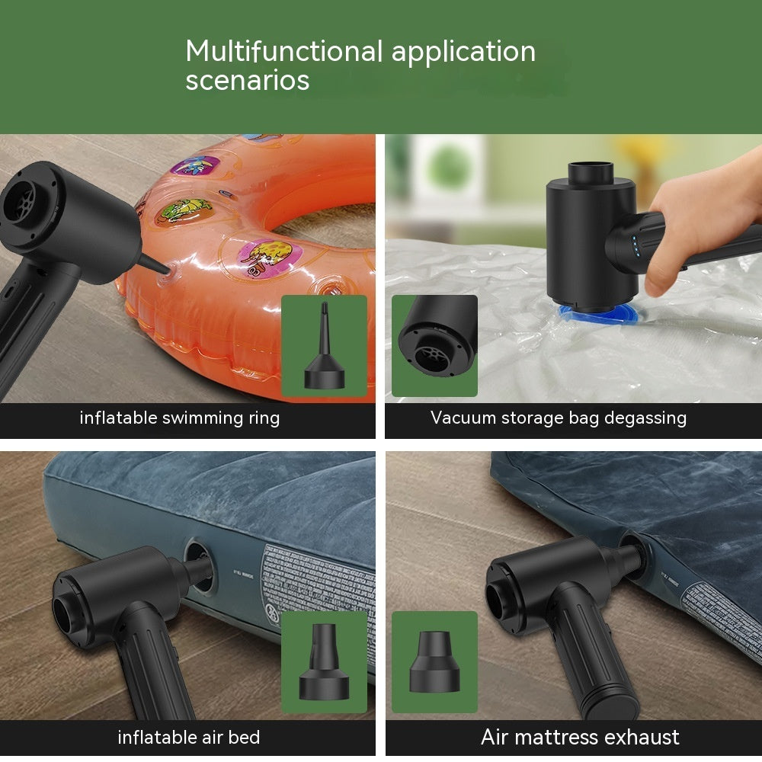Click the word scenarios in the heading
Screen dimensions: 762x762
pos(247,80)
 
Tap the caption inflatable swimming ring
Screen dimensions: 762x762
pos(179,418)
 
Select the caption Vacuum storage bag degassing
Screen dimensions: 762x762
pos(558,418)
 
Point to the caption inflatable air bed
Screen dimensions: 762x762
pos(188,738)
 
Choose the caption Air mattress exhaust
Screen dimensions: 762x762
pos(580,738)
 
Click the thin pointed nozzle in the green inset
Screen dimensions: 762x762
pos(324,346)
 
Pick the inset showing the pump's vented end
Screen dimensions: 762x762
pos(434,346)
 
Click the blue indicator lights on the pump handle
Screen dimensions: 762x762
pos(635,245)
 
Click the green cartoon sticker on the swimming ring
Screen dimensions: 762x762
pos(185,211)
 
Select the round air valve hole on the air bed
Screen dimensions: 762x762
pos(200,567)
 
